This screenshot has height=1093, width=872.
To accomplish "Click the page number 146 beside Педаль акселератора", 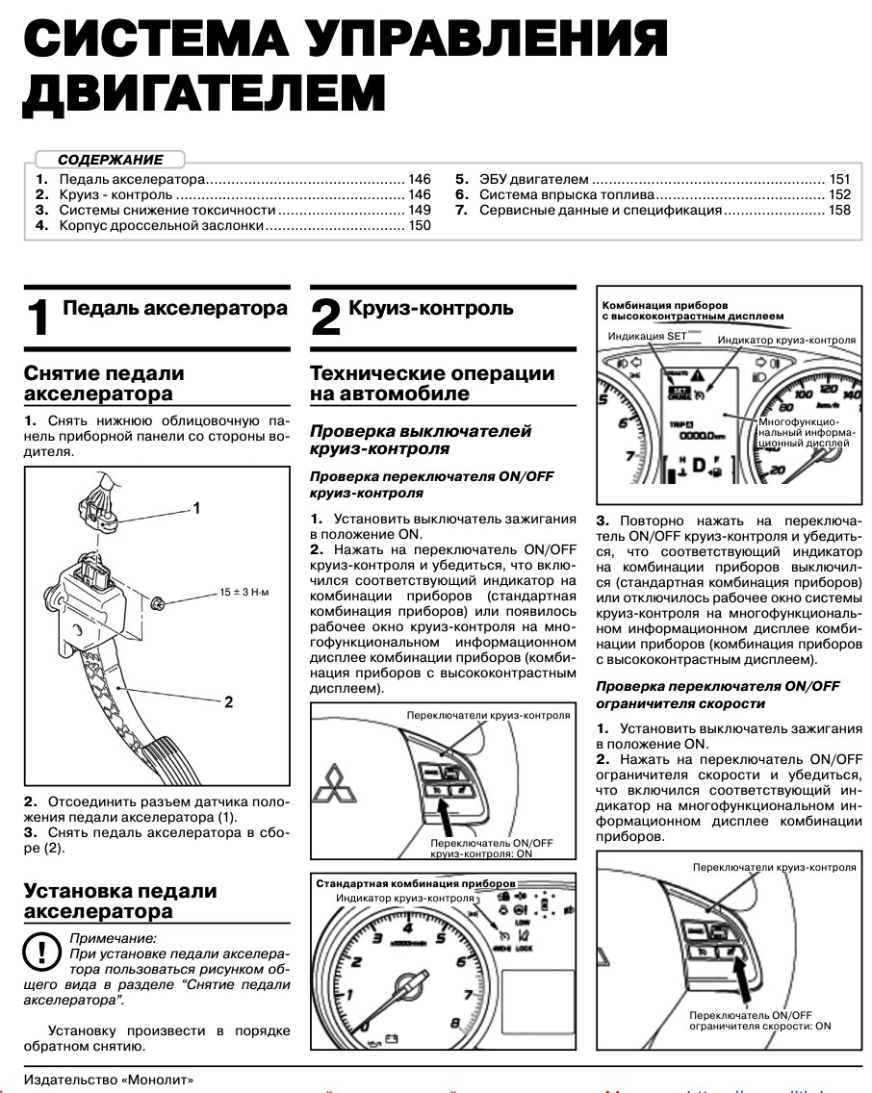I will coord(418,180).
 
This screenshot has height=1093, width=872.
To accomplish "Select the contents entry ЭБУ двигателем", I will coord(534,180).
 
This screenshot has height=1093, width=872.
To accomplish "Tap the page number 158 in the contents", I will coord(839,210).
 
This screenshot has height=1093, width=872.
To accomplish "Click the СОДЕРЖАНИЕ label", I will coord(110,160).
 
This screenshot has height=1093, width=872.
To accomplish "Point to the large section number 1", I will coord(38,318).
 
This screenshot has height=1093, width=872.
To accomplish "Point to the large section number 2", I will coord(325,318).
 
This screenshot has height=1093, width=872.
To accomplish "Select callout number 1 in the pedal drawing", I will coord(196,507).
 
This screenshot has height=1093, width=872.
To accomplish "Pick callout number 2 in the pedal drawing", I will coord(228,701).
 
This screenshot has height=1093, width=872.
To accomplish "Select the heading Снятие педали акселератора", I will coord(104,383).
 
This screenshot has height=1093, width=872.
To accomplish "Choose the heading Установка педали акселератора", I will coord(120,901).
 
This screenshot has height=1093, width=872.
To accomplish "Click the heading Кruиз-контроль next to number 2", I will coord(431,309).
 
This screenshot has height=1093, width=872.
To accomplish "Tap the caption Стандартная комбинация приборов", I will coord(416,882).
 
